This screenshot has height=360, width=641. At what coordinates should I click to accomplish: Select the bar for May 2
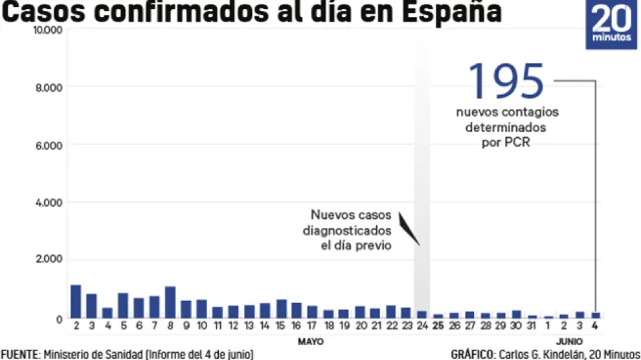click(76, 302)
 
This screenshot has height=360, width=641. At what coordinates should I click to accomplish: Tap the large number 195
click(507, 81)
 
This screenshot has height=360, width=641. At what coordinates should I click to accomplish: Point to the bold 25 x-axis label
click(438, 325)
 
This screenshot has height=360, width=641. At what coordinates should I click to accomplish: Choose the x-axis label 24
click(422, 325)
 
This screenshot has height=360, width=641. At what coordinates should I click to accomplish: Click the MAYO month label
click(311, 341)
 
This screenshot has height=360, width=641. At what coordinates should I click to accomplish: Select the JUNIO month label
click(568, 341)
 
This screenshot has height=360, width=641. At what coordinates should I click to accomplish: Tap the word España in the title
click(446, 13)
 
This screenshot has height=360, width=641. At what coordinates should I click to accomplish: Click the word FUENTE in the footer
click(19, 354)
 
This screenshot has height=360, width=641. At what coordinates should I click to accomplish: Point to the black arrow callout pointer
click(409, 229)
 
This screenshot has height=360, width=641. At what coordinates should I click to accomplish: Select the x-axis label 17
click(312, 325)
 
